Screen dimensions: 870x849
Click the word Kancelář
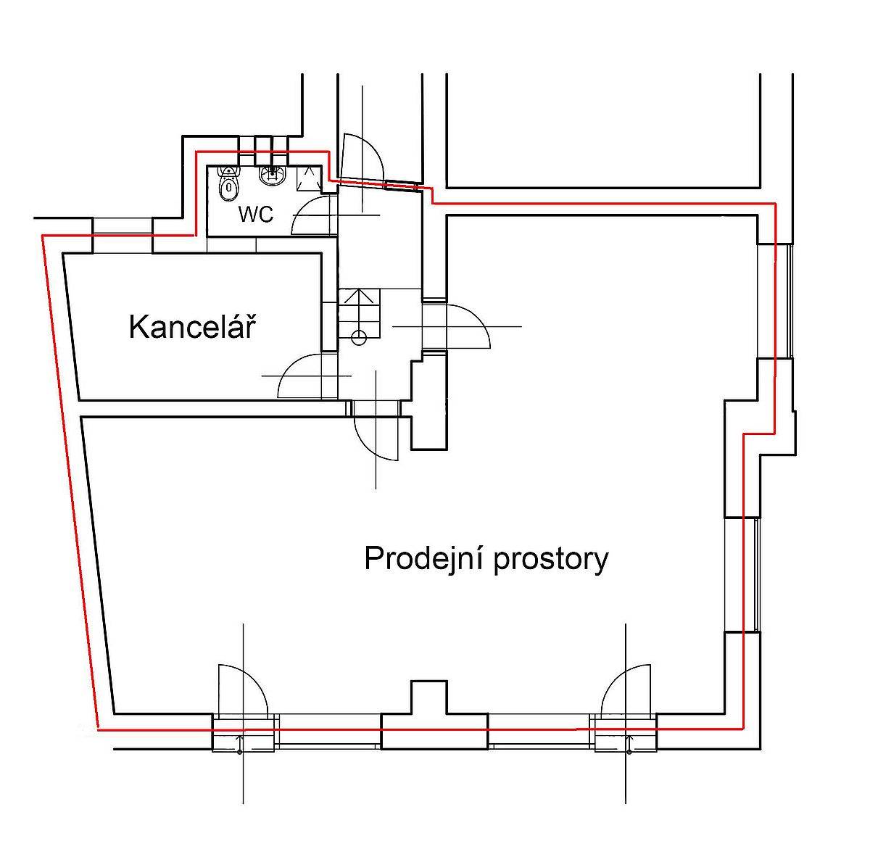(x=192, y=326)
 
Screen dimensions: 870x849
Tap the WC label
(x=256, y=215)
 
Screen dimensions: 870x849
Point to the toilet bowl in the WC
(x=228, y=183)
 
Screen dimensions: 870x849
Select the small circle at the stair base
(x=359, y=338)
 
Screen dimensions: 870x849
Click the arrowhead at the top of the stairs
(x=356, y=296)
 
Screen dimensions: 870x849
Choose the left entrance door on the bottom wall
(x=243, y=691)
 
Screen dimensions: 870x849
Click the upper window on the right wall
(x=775, y=301)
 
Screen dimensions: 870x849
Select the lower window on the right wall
(x=742, y=574)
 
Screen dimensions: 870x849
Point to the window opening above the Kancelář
(x=122, y=236)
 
